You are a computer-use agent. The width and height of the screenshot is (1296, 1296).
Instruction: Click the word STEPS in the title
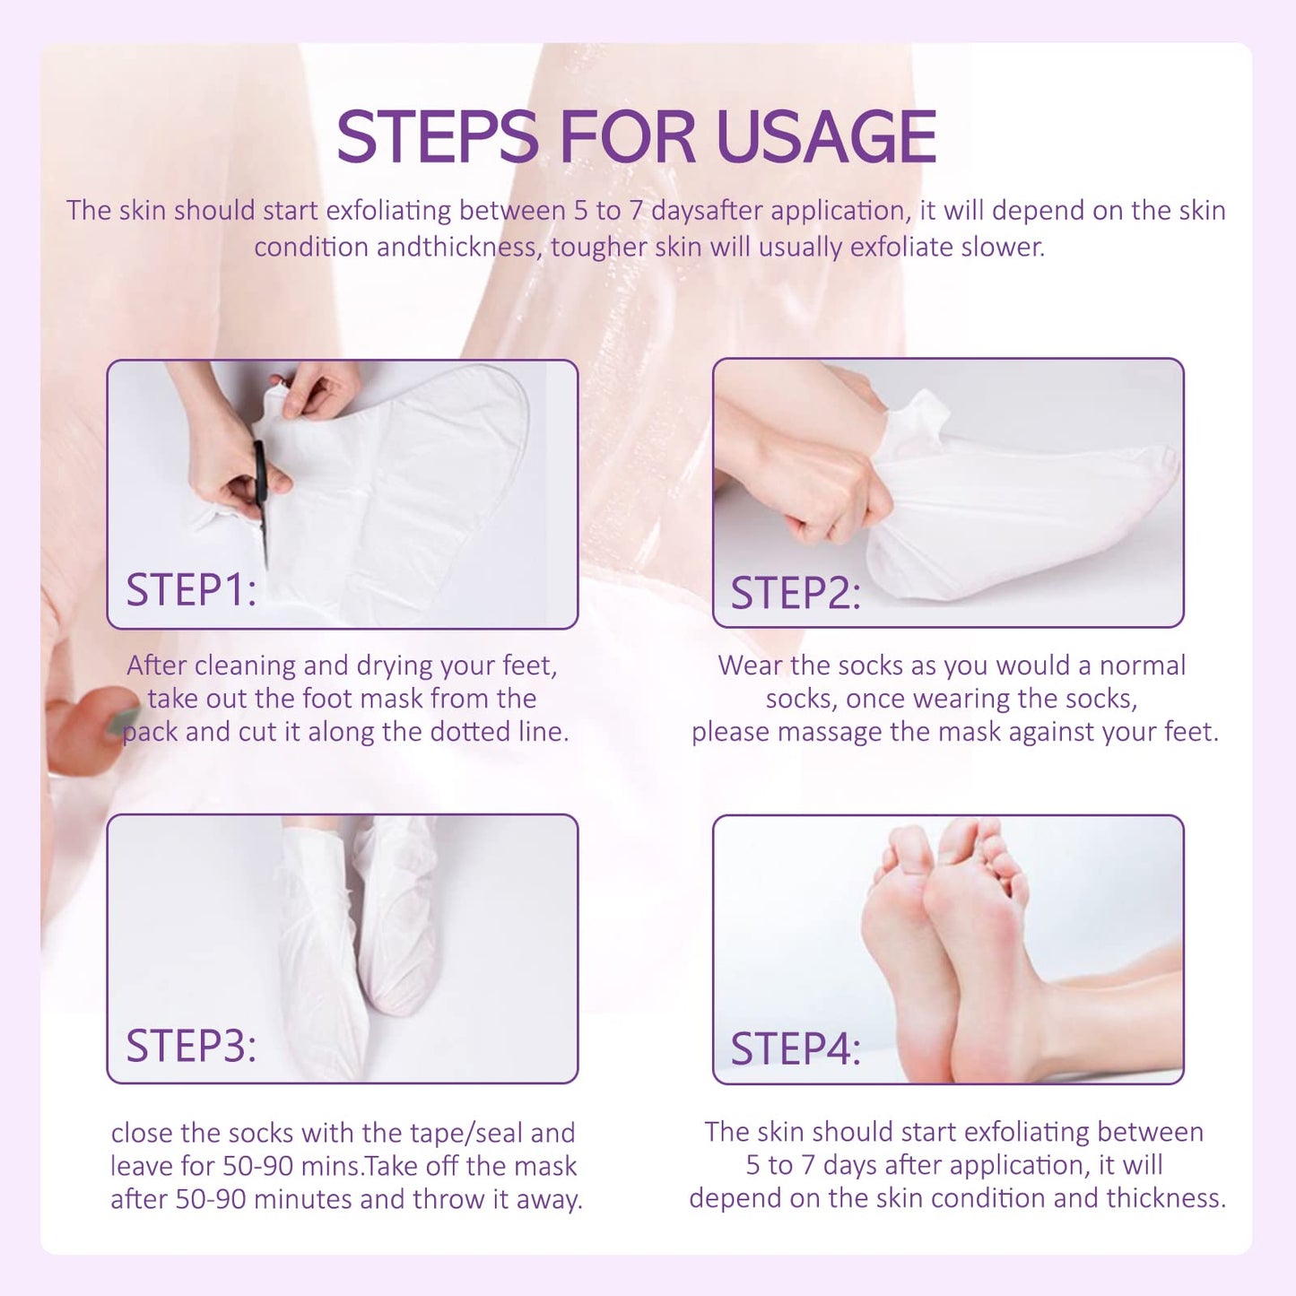pyautogui.click(x=437, y=137)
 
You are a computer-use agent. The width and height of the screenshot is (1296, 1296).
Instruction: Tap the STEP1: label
pyautogui.click(x=191, y=590)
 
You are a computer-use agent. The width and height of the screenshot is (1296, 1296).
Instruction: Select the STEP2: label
pyautogui.click(x=796, y=593)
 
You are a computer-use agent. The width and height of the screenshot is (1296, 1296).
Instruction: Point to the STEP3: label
pyautogui.click(x=191, y=1046)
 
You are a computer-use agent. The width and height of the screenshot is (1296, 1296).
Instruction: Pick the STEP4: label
pyautogui.click(x=796, y=1048)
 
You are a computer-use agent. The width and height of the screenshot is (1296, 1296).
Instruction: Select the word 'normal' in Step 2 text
pyautogui.click(x=1142, y=665)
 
